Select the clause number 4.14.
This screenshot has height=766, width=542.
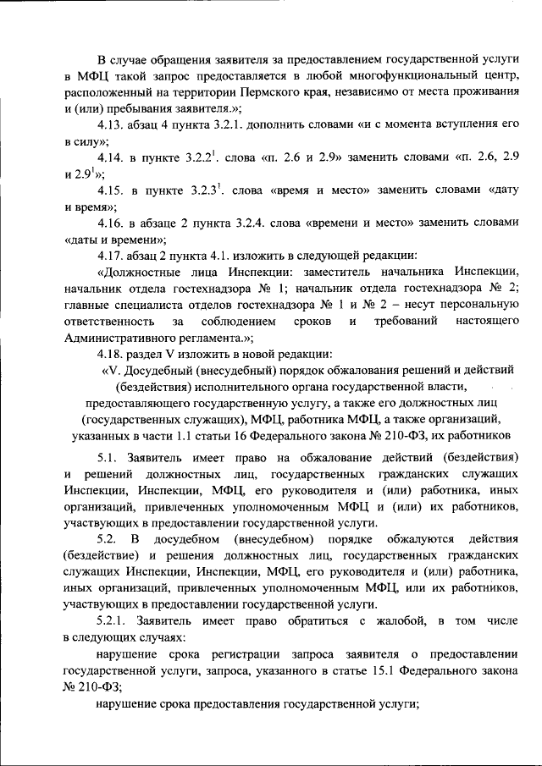(x=113, y=158)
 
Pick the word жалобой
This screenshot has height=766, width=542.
(x=377, y=623)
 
